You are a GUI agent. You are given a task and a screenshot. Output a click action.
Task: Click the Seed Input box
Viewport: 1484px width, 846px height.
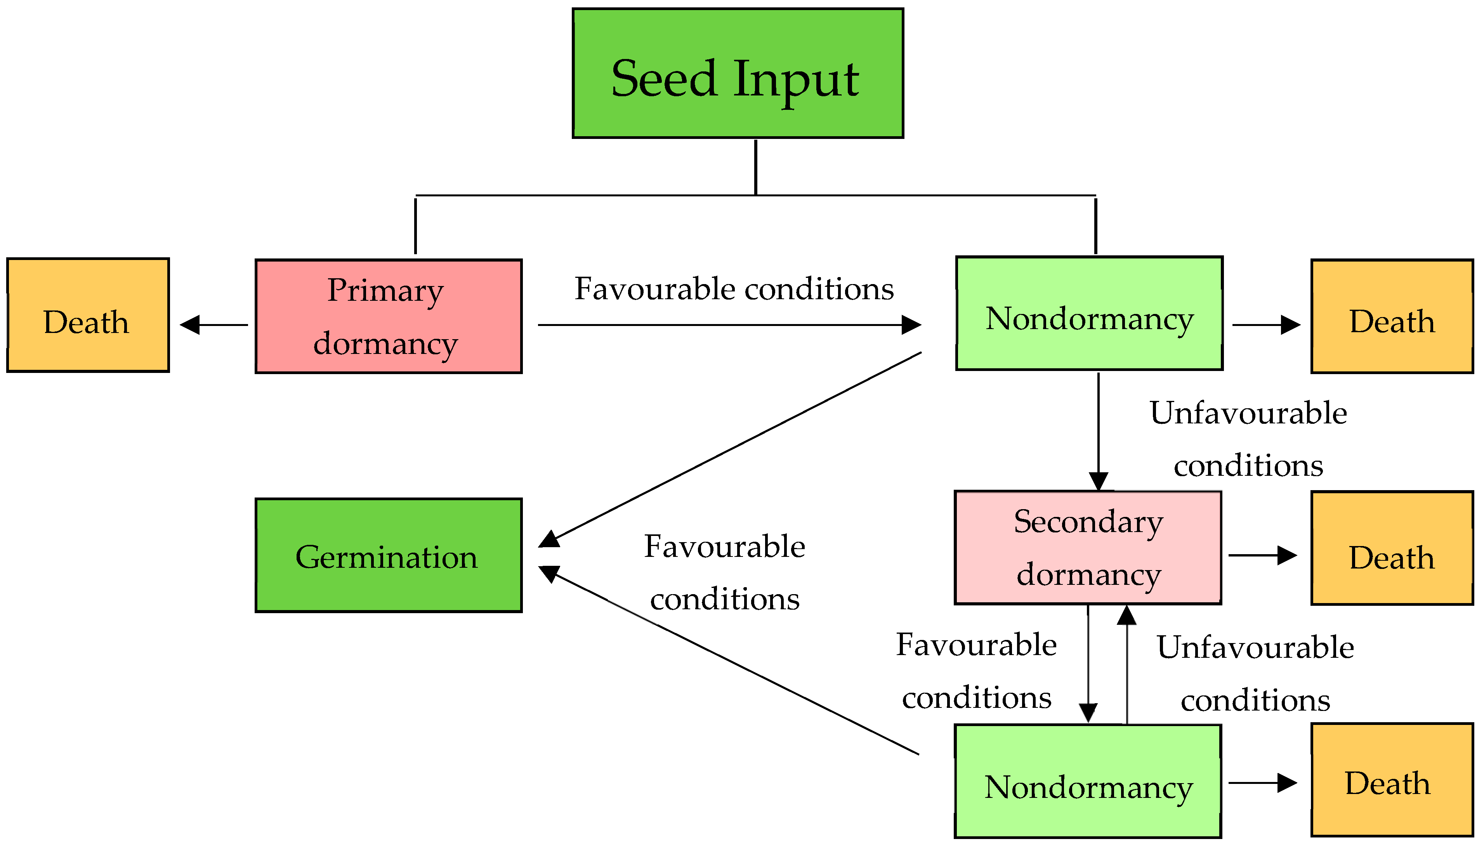pos(738,74)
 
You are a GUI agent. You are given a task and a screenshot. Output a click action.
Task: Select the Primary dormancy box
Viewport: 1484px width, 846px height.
pos(388,316)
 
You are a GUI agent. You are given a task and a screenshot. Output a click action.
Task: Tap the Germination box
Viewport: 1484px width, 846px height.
pos(388,555)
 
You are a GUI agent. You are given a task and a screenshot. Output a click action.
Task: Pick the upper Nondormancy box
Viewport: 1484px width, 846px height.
pos(1089,313)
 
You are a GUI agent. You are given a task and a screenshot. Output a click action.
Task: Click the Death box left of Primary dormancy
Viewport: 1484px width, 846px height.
pos(88,315)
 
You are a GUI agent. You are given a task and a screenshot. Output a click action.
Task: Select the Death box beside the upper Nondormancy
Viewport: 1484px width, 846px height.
pos(1392,316)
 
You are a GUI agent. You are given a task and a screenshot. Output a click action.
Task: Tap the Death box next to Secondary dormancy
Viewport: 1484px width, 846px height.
pos(1392,548)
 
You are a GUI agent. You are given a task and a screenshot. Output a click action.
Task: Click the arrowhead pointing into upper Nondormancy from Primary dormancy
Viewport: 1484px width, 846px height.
pos(911,325)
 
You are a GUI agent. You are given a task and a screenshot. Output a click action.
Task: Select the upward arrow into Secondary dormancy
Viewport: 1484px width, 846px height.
pos(1126,662)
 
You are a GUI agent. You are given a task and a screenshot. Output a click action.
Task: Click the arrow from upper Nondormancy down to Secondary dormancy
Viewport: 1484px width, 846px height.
pos(1098,430)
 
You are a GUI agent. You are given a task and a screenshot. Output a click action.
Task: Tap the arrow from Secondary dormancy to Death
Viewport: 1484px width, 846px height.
pos(1262,555)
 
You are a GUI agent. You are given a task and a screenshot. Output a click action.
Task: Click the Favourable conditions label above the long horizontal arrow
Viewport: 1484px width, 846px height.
pos(734,289)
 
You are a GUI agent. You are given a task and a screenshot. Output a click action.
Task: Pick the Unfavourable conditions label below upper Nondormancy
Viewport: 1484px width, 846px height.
pos(1248,439)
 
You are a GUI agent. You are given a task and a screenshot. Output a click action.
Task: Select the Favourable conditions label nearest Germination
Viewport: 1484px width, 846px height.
pos(725,572)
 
